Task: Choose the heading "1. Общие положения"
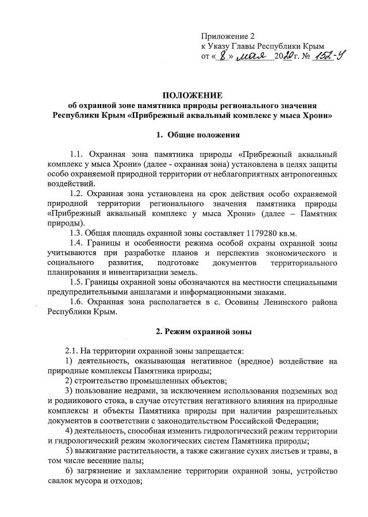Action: coord(191,135)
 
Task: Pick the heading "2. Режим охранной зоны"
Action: coord(191,331)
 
